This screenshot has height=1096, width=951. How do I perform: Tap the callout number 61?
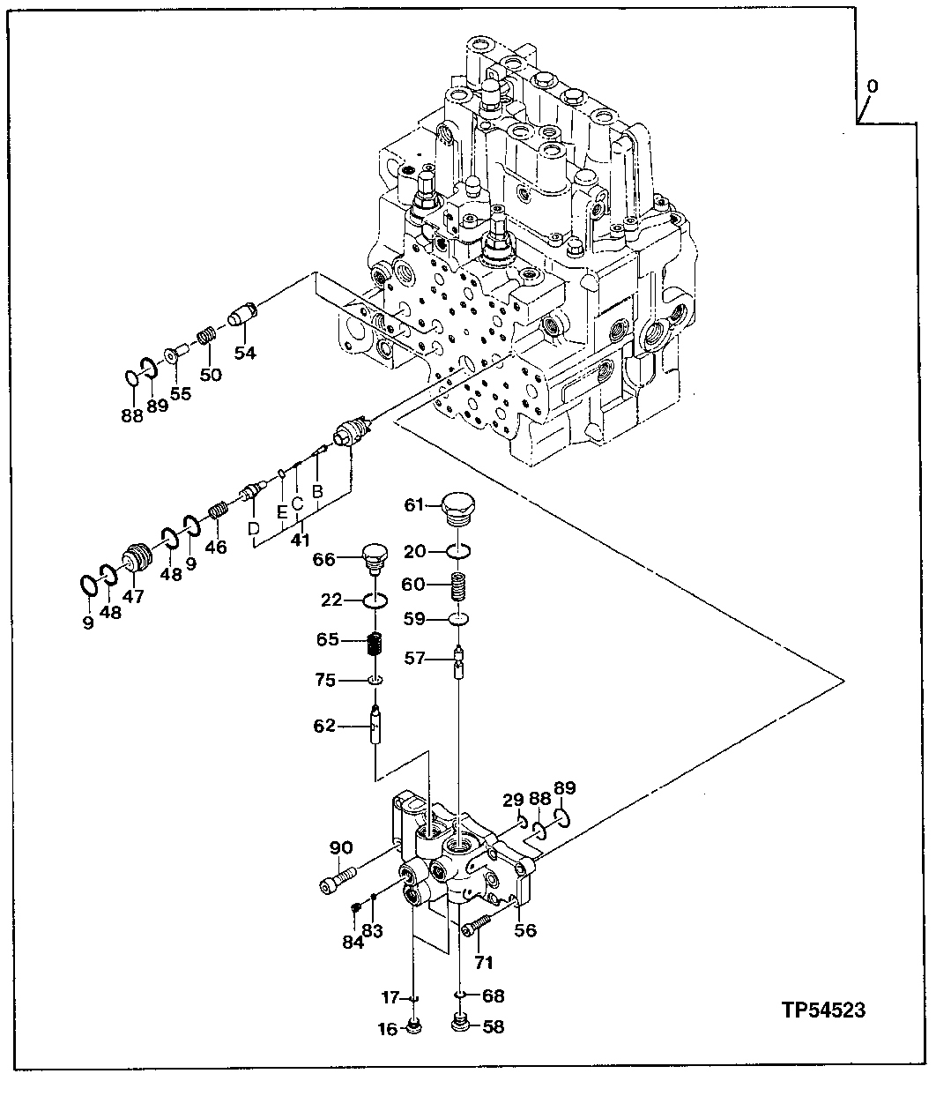point(415,504)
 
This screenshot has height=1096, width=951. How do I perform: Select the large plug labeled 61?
point(458,510)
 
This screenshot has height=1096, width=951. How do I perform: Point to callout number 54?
point(244,353)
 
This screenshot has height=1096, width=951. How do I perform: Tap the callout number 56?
point(525,930)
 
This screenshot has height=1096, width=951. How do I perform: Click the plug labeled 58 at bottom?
point(460,1025)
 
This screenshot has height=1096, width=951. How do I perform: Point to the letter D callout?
point(253,528)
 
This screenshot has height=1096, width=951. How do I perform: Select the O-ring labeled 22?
point(375,601)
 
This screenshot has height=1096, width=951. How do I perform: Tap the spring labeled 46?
point(219,511)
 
